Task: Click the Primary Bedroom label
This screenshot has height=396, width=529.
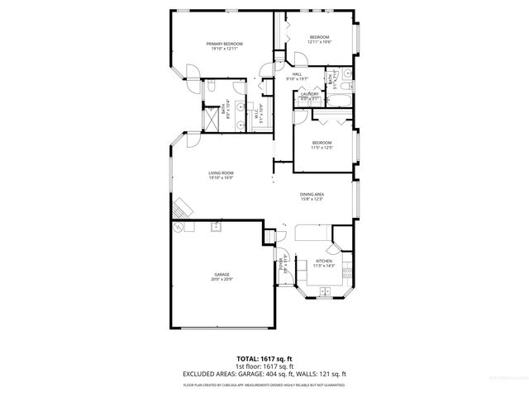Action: [223, 43]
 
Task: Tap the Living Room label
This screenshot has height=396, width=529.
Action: [221, 172]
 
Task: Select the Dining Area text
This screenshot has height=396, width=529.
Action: [312, 194]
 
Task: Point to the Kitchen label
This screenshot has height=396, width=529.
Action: [323, 261]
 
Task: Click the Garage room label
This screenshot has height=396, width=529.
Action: [222, 274]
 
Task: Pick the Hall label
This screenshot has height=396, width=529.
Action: [297, 74]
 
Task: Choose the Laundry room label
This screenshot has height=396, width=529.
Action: [310, 94]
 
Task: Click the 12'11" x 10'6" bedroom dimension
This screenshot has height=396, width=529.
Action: [320, 43]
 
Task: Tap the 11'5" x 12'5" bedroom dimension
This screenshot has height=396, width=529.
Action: [322, 148]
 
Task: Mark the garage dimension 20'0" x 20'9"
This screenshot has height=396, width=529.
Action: [222, 279]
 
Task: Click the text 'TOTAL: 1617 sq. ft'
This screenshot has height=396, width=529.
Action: [264, 359]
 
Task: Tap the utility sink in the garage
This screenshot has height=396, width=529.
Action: [218, 226]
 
